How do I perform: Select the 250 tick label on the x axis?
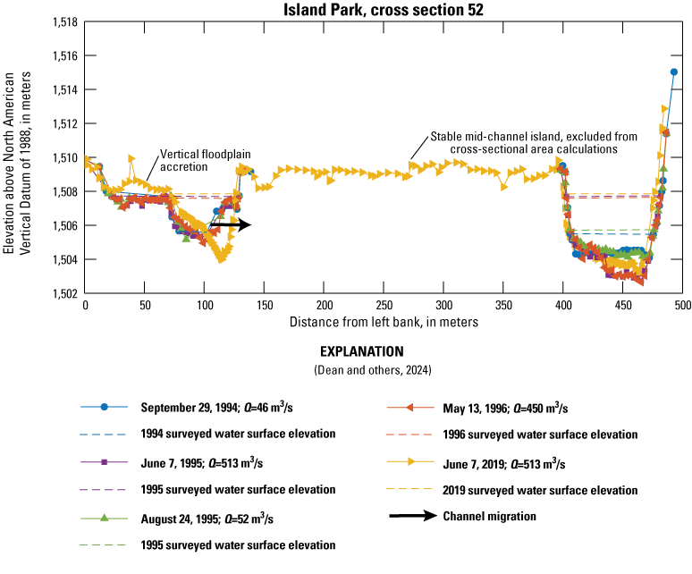[384, 306]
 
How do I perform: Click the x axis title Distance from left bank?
[384, 320]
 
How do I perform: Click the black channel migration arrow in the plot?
[231, 225]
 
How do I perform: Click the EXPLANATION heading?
[345, 351]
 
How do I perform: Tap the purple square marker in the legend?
[105, 462]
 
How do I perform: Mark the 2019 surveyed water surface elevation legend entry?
[540, 490]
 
